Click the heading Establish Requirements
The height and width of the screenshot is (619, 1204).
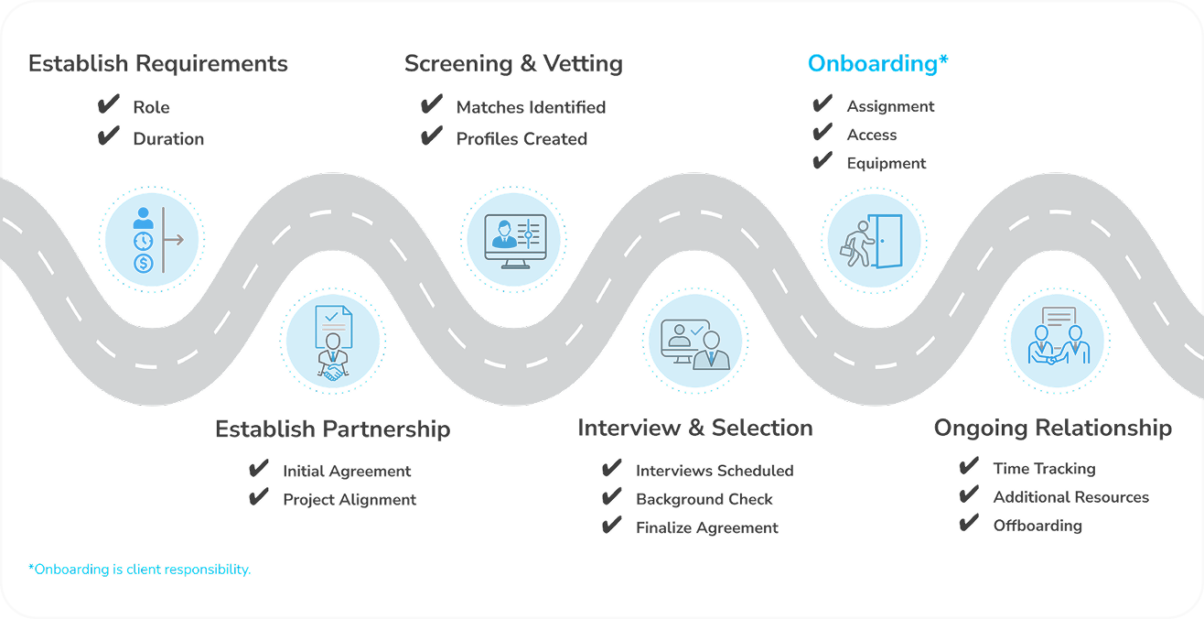coord(157,64)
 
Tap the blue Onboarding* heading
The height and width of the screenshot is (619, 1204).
coord(877,64)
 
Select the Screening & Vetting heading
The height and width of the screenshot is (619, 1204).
coord(513,64)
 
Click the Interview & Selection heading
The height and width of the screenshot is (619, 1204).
coord(694,428)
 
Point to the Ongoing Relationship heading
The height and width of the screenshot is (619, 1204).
coord(1052,428)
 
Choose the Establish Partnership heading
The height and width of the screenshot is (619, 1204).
coord(332,429)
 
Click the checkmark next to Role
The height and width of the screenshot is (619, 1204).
coord(109,105)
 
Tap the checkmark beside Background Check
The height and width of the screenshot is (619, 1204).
coord(612,498)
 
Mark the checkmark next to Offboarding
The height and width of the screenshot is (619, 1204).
coord(969,524)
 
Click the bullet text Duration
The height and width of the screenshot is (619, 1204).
coord(168,139)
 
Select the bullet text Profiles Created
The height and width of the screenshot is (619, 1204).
coord(521,139)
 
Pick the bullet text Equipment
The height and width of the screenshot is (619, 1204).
coord(886,164)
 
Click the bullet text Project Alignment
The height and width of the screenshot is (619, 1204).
coord(349,500)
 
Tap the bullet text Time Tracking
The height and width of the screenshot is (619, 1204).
coord(1044,469)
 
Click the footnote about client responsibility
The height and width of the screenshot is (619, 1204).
coord(139,570)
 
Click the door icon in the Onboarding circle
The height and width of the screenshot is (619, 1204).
coord(887,241)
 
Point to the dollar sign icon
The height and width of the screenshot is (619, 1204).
coord(143,264)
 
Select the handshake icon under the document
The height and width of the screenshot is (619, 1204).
coord(333,372)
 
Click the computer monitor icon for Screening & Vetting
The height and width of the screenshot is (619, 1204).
coord(507,241)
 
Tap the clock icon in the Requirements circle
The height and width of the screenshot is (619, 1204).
coord(143,241)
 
